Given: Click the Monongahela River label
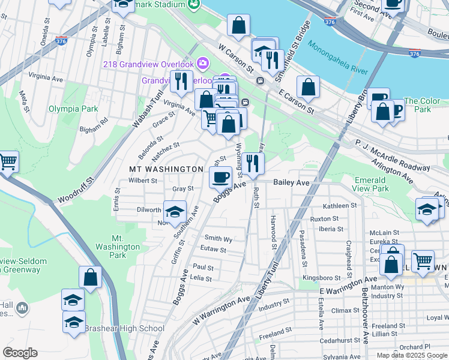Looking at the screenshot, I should coord(337,58).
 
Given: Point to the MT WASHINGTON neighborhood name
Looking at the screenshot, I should coord(166,169).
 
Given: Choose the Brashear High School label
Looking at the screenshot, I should coord(124,328).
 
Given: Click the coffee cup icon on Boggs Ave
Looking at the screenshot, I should coord(220,177).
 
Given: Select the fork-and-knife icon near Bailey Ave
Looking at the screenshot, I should coord(253,163).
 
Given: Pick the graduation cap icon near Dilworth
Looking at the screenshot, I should coord(175,212).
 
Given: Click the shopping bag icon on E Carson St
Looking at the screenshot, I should coord(308,87).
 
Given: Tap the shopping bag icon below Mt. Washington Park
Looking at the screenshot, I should coord(90,277).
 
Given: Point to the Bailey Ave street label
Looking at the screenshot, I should coord(291,182).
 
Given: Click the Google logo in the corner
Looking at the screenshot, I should coord(20,353).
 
